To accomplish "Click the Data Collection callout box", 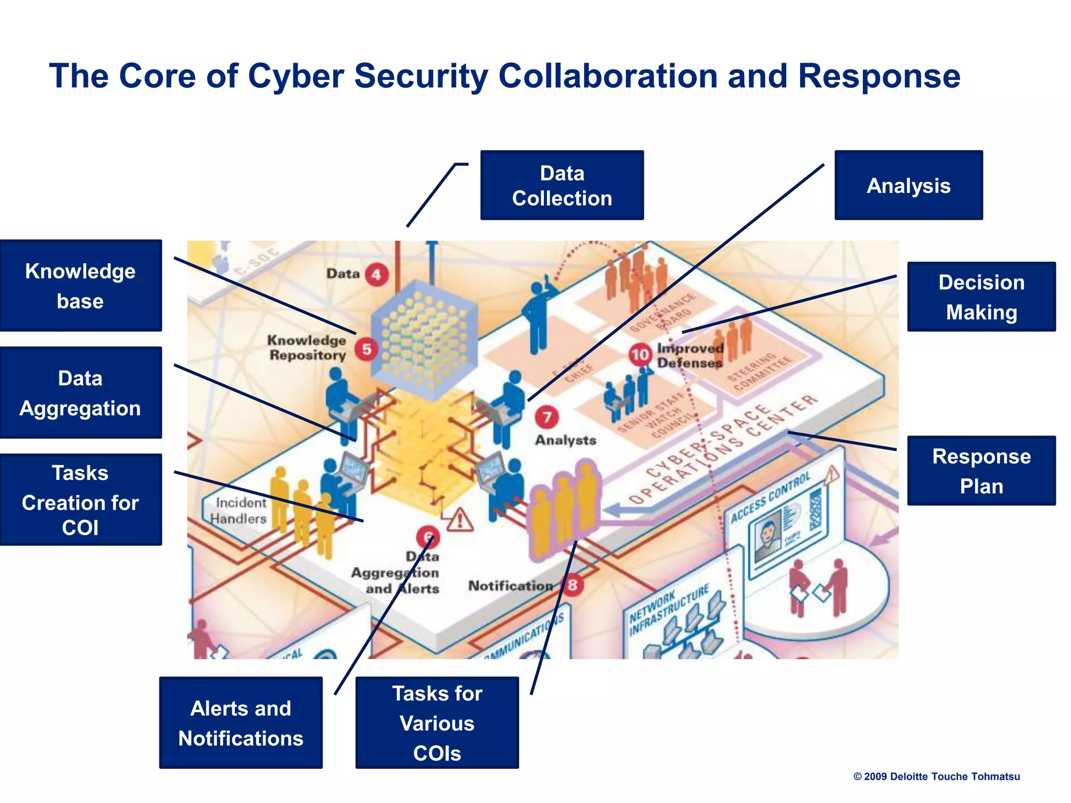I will (562, 185).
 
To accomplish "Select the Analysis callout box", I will (908, 185).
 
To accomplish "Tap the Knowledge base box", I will (81, 285).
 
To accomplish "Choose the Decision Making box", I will (981, 296).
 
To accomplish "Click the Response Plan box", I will (981, 471).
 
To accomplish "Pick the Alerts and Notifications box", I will (241, 722).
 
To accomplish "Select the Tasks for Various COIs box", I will (437, 722).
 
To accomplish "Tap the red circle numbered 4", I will (377, 274).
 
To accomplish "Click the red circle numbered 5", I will (367, 349).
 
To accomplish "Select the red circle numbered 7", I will (546, 417).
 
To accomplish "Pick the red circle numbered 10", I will (640, 355).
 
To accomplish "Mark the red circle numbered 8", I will (573, 584).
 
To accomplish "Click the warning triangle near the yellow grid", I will (459, 520).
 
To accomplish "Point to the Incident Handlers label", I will (240, 510).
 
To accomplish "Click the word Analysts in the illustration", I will (565, 440).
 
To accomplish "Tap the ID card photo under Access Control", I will (767, 539).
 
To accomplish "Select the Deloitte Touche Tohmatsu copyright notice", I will (936, 776).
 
